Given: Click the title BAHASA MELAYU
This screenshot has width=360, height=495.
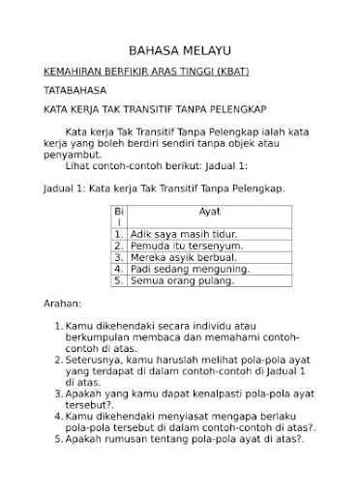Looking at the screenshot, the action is tap(180, 50).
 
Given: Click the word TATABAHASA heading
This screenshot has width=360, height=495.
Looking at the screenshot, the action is tap(75, 89).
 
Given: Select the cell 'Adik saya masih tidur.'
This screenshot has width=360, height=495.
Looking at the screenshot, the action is tap(184, 234).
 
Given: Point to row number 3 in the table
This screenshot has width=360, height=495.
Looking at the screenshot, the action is tap(118, 257).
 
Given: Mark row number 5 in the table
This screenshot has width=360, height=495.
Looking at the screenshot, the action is tap(118, 280).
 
